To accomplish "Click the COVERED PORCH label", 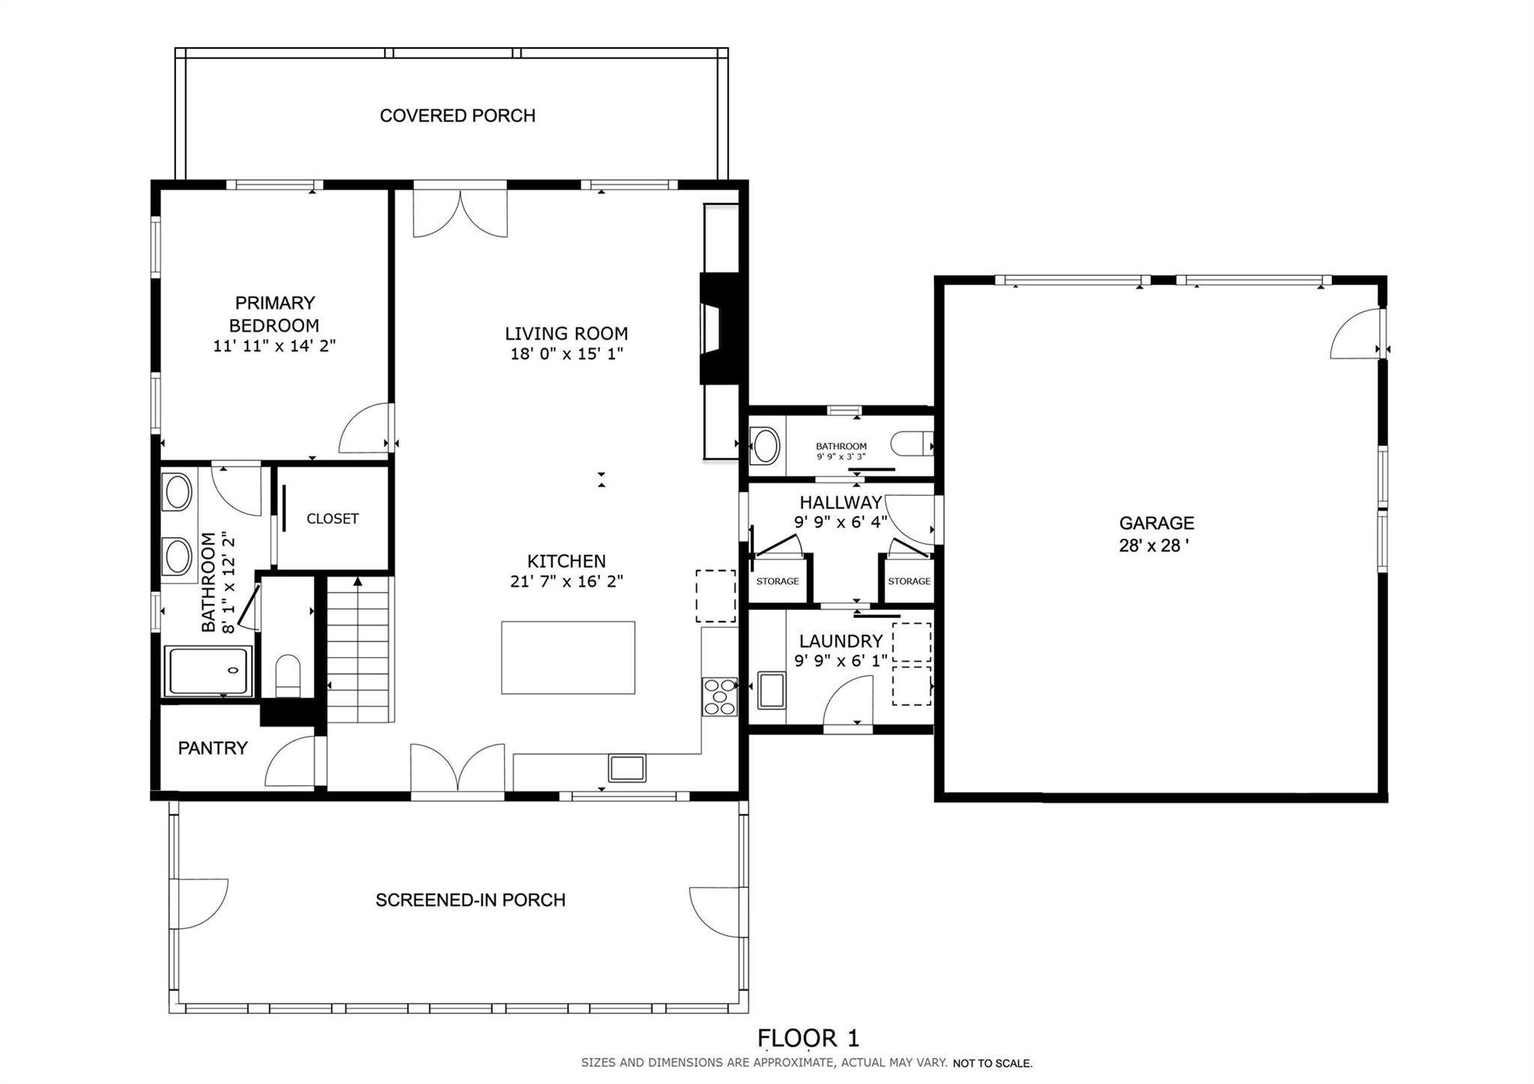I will pyautogui.click(x=457, y=115).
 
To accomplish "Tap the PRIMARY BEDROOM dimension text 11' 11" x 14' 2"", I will pyautogui.click(x=274, y=346).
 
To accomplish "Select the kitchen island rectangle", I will pyautogui.click(x=568, y=657).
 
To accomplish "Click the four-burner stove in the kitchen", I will pyautogui.click(x=719, y=696).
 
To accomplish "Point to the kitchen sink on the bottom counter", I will pyautogui.click(x=627, y=768).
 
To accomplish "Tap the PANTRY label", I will pyautogui.click(x=213, y=748).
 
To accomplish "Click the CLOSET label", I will pyautogui.click(x=333, y=518).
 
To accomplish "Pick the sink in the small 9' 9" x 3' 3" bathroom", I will pyautogui.click(x=765, y=446).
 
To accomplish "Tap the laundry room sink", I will pyautogui.click(x=771, y=690).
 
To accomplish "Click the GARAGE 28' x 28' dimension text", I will pyautogui.click(x=1154, y=545).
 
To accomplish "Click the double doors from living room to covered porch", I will pyautogui.click(x=461, y=212).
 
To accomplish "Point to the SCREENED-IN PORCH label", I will pyautogui.click(x=470, y=900).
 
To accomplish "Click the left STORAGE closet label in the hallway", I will pyautogui.click(x=777, y=581).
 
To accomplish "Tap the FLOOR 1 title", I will pyautogui.click(x=808, y=1038).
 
